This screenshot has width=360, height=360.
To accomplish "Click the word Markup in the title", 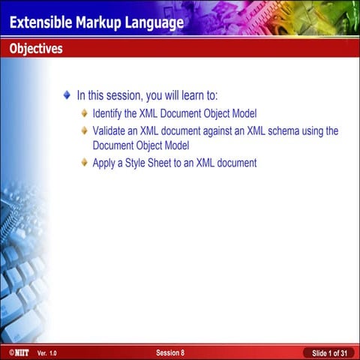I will (x=99, y=22).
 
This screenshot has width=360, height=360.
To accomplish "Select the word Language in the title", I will (x=154, y=22).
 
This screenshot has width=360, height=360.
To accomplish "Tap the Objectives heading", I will (x=36, y=49).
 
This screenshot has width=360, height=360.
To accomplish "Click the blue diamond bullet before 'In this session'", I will (x=67, y=96).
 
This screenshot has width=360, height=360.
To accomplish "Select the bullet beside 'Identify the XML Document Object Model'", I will (x=85, y=114).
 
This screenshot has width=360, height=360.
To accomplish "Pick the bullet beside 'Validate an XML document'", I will (x=85, y=131).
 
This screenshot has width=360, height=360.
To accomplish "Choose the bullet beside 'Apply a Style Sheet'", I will (x=85, y=163).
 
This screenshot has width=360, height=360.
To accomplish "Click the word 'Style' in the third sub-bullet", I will (x=138, y=163).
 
